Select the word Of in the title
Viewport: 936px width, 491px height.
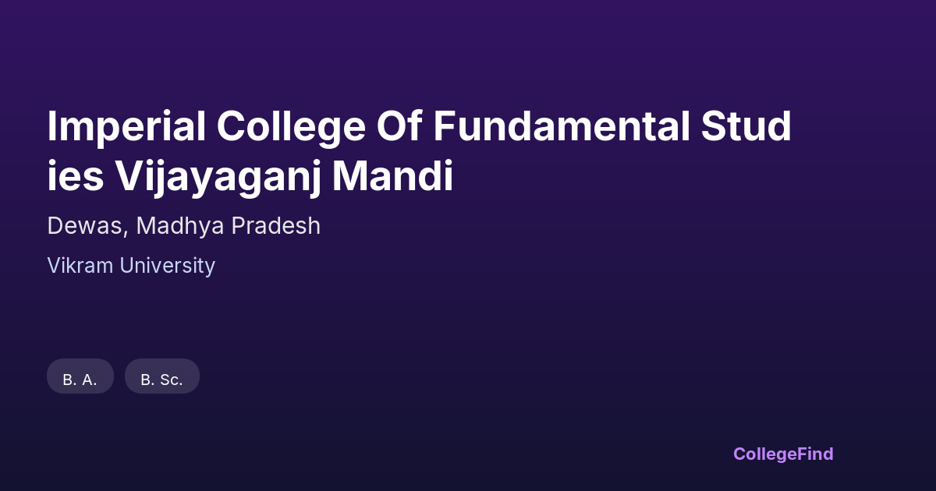399,125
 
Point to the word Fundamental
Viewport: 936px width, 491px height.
561,126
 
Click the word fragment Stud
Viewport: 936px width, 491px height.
746,126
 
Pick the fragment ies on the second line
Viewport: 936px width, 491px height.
76,176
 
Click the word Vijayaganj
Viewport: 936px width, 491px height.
218,177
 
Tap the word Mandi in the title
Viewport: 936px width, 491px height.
393,175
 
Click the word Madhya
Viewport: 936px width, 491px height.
180,226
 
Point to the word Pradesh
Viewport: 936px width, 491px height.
276,225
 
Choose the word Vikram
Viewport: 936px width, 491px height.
80,266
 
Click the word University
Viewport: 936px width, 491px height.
167,266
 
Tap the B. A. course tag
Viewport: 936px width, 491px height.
80,376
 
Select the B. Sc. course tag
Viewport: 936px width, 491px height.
162,376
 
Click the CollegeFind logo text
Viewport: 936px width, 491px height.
783,454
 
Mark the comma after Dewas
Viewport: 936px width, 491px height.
126,233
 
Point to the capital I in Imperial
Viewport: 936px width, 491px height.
51,126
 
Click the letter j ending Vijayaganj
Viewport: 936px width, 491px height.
315,178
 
